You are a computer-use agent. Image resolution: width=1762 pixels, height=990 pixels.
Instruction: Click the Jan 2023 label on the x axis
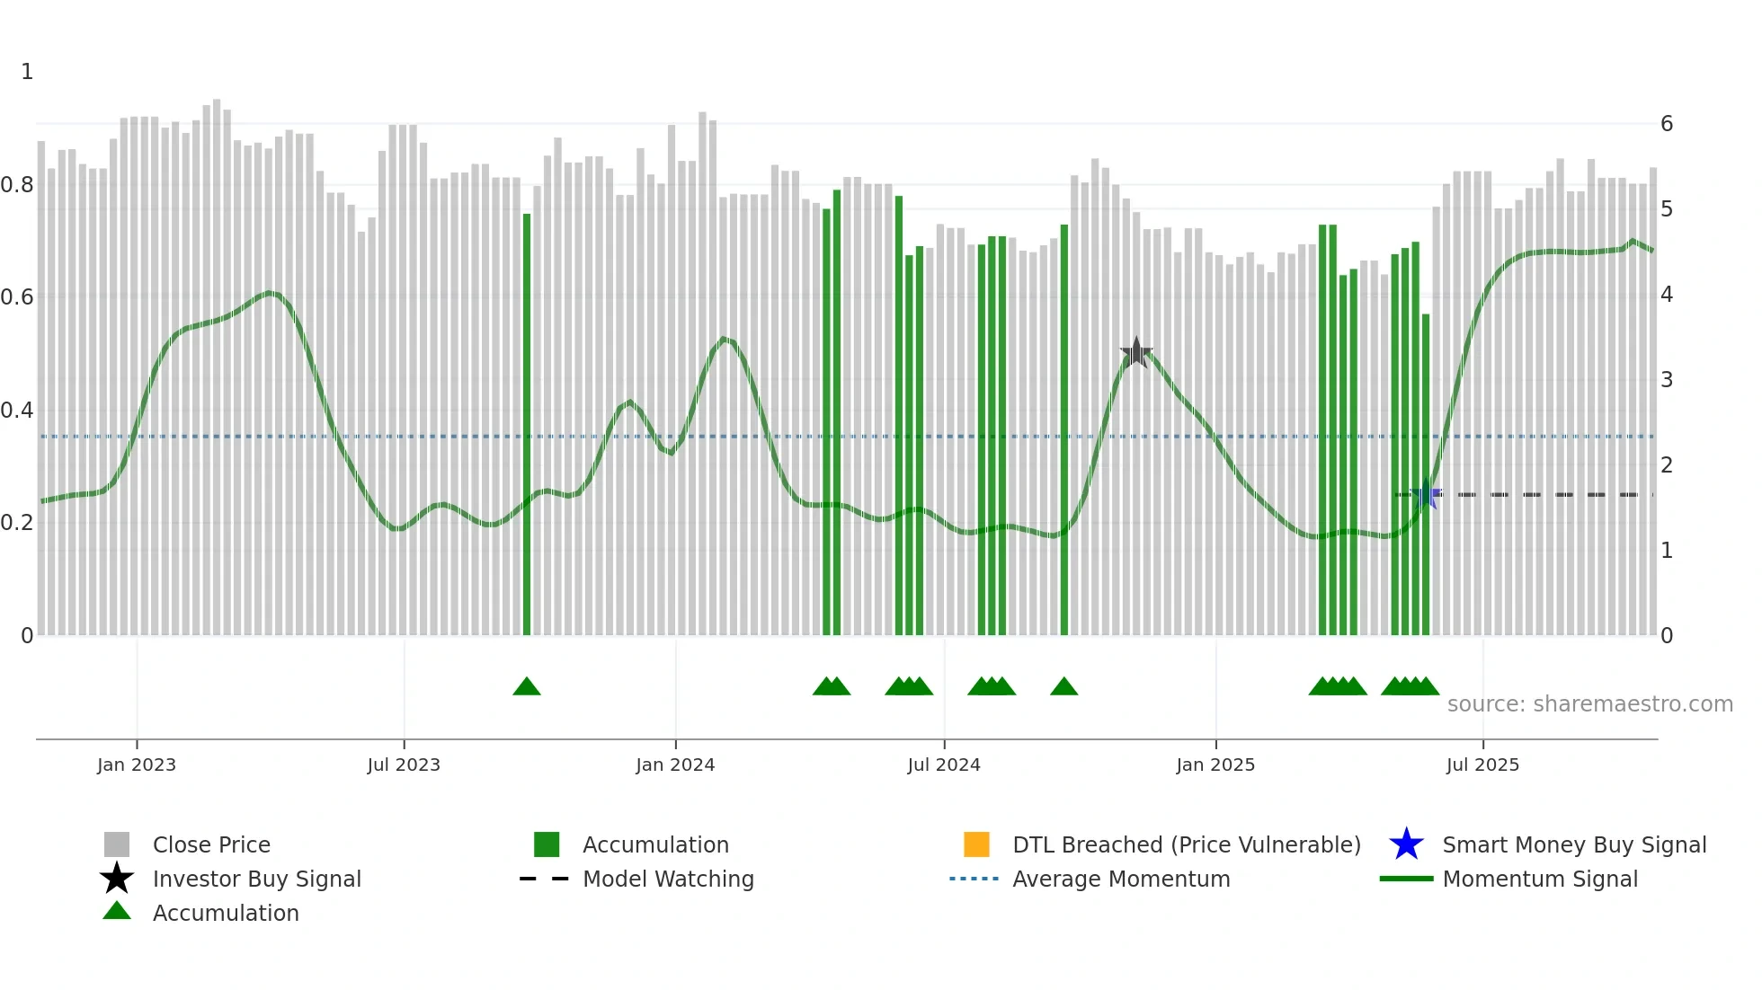pyautogui.click(x=137, y=765)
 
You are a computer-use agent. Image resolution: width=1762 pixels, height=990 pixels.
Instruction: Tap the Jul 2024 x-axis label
pyautogui.click(x=944, y=765)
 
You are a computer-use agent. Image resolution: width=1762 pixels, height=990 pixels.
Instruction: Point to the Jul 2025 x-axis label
pyautogui.click(x=1482, y=765)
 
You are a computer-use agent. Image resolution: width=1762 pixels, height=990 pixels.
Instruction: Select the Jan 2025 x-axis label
pyautogui.click(x=1215, y=765)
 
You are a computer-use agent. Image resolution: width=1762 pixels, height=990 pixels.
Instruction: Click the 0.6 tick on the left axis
pyautogui.click(x=17, y=297)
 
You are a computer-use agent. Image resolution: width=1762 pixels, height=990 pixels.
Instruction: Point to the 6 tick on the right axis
pyautogui.click(x=1666, y=124)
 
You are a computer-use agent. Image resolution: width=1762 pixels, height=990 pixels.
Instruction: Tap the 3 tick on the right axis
pyautogui.click(x=1666, y=380)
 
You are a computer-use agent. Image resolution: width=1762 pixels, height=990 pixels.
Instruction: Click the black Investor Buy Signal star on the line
pyautogui.click(x=1136, y=353)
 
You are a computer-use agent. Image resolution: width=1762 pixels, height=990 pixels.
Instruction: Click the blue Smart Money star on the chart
pyautogui.click(x=1426, y=495)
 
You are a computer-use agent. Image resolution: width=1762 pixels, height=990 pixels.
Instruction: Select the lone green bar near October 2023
pyautogui.click(x=527, y=422)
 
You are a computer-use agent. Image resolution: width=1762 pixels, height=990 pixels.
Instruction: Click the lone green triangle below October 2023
pyautogui.click(x=527, y=687)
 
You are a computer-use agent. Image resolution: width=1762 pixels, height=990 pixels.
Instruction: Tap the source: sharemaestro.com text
pyautogui.click(x=1589, y=704)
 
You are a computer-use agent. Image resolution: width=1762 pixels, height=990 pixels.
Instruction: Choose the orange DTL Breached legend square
pyautogui.click(x=976, y=844)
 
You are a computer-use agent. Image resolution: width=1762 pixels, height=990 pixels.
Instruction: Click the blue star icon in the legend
pyautogui.click(x=1406, y=844)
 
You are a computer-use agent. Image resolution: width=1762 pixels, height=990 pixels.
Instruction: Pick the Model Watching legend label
pyautogui.click(x=668, y=879)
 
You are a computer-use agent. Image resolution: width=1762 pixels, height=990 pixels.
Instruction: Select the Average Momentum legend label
pyautogui.click(x=1121, y=879)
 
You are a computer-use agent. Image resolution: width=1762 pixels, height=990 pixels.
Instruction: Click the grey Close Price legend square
pyautogui.click(x=117, y=844)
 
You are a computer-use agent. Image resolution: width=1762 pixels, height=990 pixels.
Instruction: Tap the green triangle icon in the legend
pyautogui.click(x=117, y=912)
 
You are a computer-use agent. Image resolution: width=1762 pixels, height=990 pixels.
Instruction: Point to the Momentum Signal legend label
pyautogui.click(x=1540, y=879)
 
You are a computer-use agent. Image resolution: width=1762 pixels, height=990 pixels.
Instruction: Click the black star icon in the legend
pyautogui.click(x=117, y=879)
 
